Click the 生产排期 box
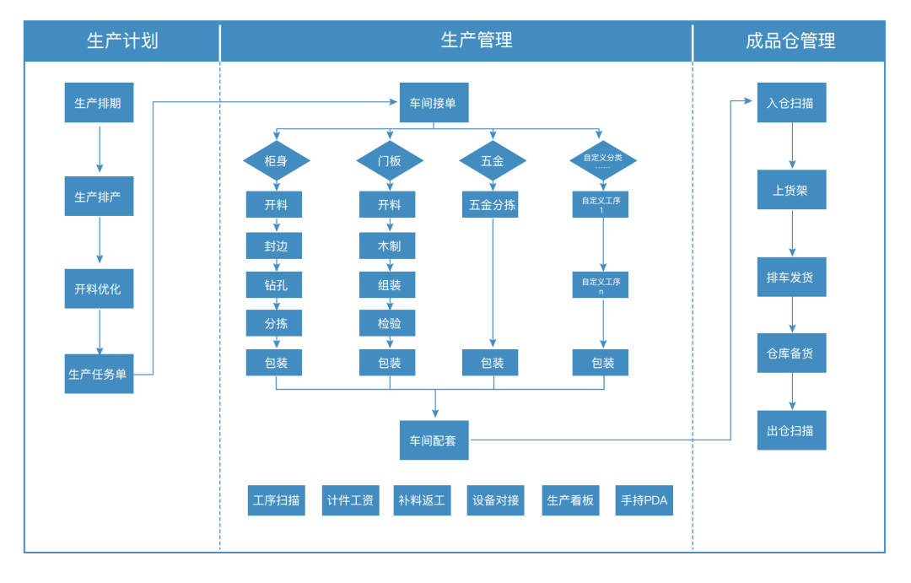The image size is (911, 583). pyautogui.click(x=99, y=103)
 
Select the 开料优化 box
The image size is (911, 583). pyautogui.click(x=99, y=289)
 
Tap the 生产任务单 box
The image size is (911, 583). pyautogui.click(x=99, y=374)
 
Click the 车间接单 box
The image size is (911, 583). pyautogui.click(x=434, y=103)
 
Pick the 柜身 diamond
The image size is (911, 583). pyautogui.click(x=276, y=160)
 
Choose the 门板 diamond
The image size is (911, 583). pyautogui.click(x=390, y=160)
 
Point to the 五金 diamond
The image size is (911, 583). pyautogui.click(x=493, y=160)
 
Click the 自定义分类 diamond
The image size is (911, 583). pyautogui.click(x=603, y=160)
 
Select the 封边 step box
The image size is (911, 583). pyautogui.click(x=276, y=246)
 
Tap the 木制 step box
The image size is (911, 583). pyautogui.click(x=390, y=246)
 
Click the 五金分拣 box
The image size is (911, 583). pyautogui.click(x=493, y=205)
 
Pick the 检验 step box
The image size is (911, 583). pyautogui.click(x=390, y=322)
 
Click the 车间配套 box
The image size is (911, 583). pyautogui.click(x=434, y=440)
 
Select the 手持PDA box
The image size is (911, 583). pyautogui.click(x=644, y=500)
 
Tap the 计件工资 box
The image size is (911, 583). pyautogui.click(x=351, y=500)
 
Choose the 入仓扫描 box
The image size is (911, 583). pyautogui.click(x=791, y=103)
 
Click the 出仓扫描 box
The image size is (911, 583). pyautogui.click(x=791, y=430)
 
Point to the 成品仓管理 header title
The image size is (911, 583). pyautogui.click(x=790, y=40)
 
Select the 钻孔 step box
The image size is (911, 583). pyautogui.click(x=276, y=285)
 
